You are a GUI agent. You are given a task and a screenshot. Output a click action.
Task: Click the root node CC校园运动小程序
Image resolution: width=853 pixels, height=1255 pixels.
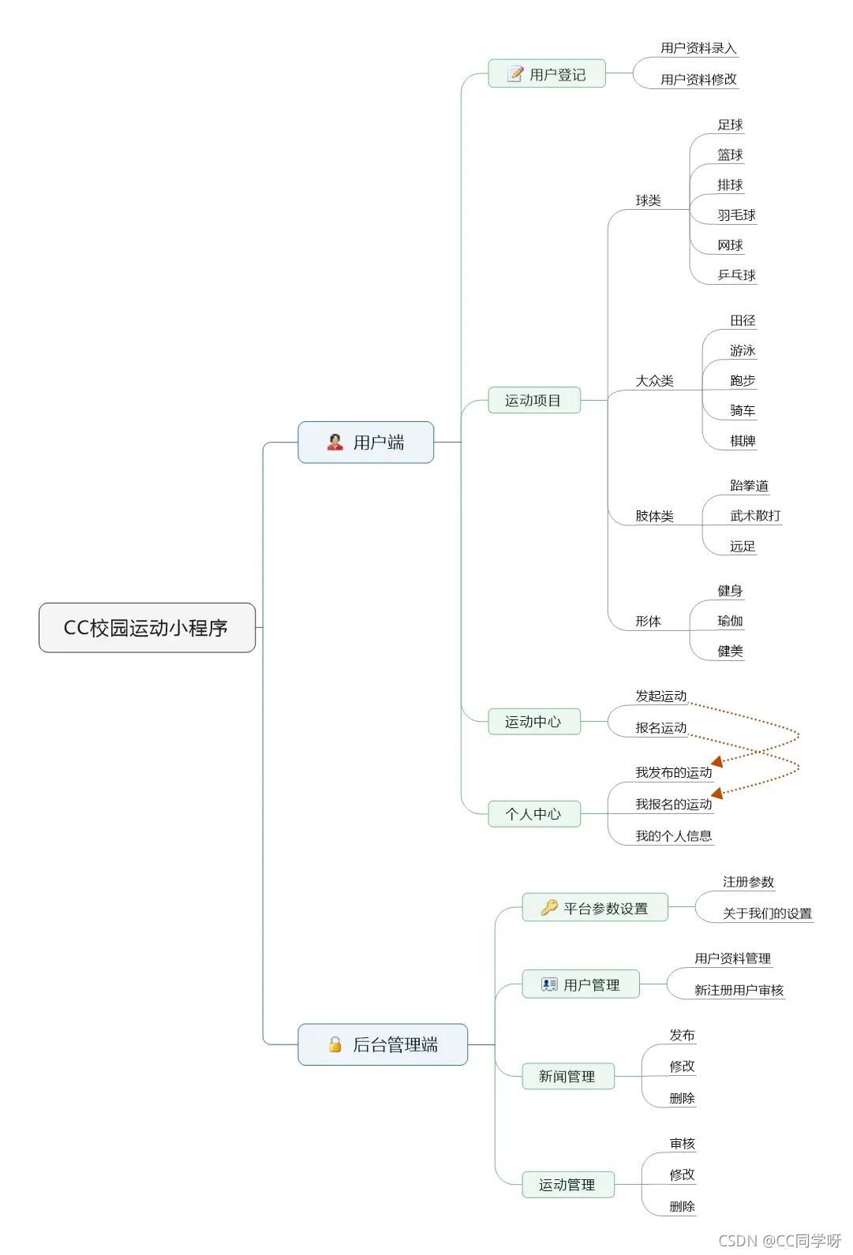147,628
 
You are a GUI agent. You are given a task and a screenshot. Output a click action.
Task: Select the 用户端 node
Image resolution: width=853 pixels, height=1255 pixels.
365,443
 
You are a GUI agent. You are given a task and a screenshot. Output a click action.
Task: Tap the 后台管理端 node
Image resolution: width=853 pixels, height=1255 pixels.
383,1044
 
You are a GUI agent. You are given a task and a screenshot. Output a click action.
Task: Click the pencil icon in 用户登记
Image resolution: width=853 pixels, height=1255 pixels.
515,74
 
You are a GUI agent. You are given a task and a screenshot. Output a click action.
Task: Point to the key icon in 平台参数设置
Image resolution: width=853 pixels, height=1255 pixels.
549,908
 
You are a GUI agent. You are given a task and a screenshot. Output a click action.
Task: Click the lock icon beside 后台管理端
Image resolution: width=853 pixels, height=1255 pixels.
335,1044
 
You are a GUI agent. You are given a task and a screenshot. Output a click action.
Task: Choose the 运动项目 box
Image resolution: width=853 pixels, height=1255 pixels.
533,401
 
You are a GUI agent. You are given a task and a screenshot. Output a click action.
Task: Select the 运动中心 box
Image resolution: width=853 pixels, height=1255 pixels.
533,722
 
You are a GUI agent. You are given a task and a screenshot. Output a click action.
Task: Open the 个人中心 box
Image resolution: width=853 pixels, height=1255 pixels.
533,814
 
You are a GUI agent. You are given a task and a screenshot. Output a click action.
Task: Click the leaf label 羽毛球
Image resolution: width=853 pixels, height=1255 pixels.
736,215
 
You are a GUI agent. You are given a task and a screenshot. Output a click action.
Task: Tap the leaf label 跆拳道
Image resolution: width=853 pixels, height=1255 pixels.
749,486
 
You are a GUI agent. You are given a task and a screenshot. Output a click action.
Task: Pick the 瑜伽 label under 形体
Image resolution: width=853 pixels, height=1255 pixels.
730,622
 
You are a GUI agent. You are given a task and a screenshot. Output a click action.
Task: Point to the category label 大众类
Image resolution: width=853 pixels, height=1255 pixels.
654,381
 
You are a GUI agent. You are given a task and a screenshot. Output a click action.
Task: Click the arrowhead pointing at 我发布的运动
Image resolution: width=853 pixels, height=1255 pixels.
717,761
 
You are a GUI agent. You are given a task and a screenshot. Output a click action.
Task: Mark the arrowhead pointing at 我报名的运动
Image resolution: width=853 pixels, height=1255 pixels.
717,793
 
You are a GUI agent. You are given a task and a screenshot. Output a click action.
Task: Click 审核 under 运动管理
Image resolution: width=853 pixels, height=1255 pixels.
682,1144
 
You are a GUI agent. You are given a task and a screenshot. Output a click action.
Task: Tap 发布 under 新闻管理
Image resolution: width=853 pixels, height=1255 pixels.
682,1035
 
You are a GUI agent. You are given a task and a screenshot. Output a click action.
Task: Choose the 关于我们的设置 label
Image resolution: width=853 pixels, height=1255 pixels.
767,913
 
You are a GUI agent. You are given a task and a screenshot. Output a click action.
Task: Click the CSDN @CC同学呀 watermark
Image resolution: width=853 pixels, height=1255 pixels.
779,1241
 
